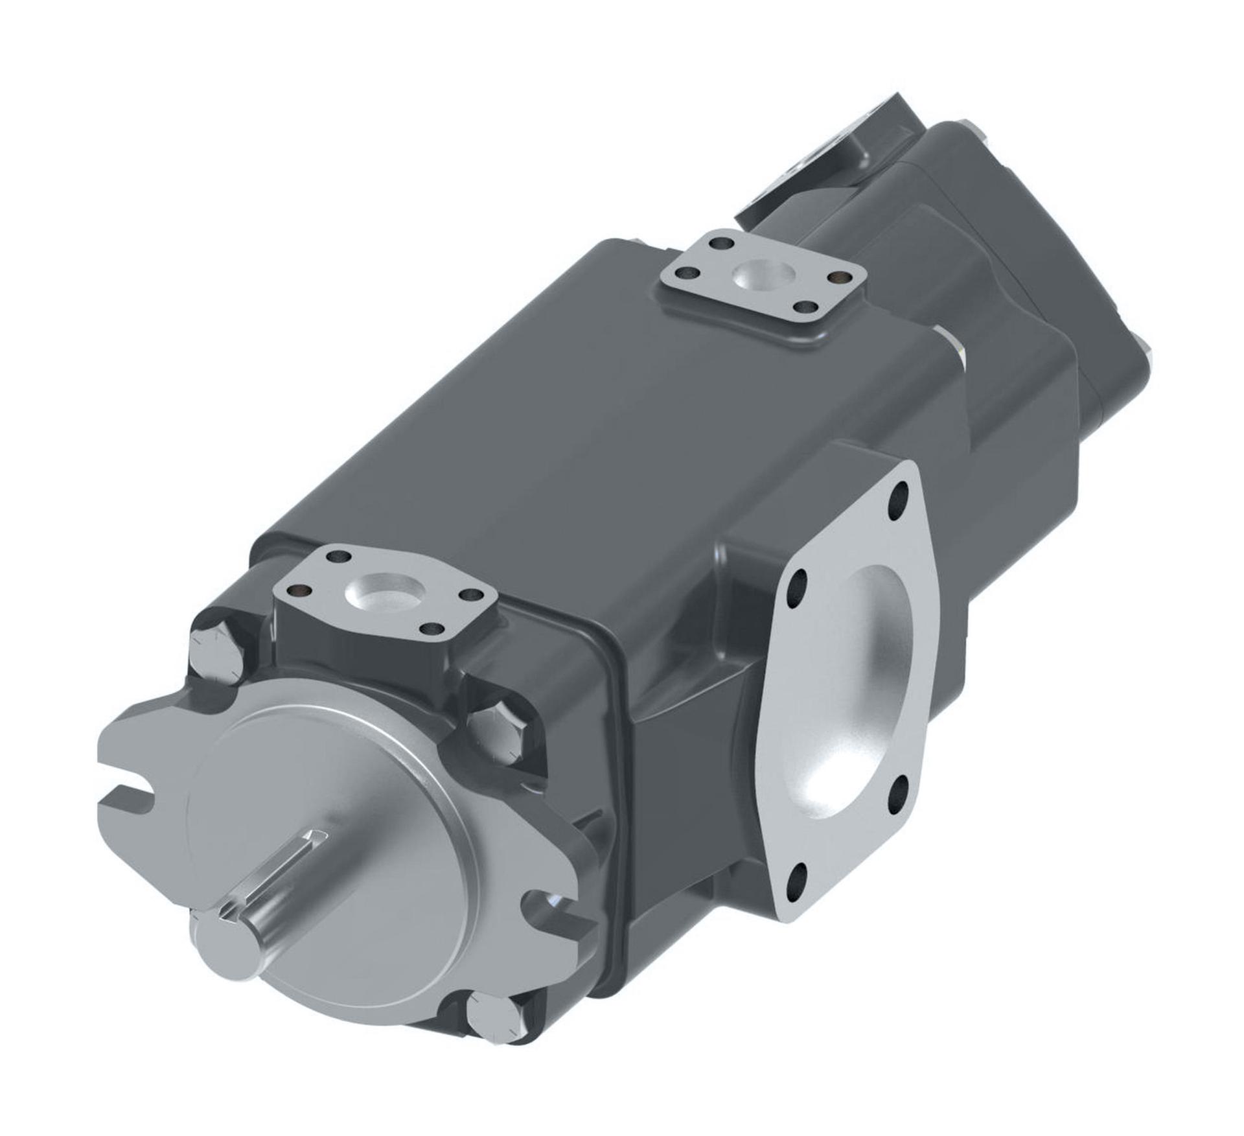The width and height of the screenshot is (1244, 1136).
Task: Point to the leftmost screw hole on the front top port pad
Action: (297, 589)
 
